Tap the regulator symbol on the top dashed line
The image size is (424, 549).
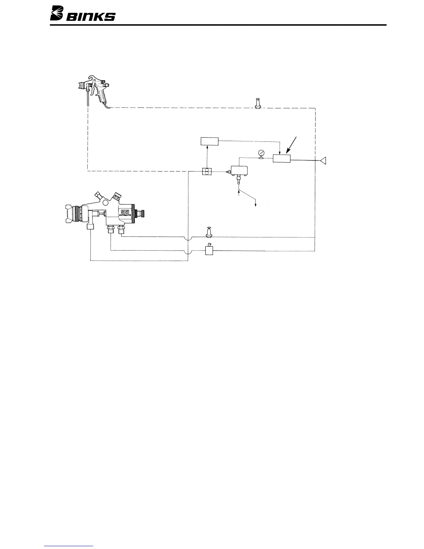tap(257, 104)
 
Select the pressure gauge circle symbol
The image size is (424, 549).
tap(260, 153)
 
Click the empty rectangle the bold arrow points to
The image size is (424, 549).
tap(282, 159)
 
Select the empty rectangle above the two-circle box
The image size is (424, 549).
tap(210, 141)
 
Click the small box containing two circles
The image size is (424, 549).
tap(207, 171)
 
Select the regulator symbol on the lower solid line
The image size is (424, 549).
tap(209, 232)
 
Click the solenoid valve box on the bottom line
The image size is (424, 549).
tap(209, 250)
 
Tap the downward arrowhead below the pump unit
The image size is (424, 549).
tap(256, 206)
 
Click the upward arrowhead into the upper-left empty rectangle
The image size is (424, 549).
tap(207, 148)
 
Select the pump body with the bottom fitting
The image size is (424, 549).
tap(239, 171)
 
